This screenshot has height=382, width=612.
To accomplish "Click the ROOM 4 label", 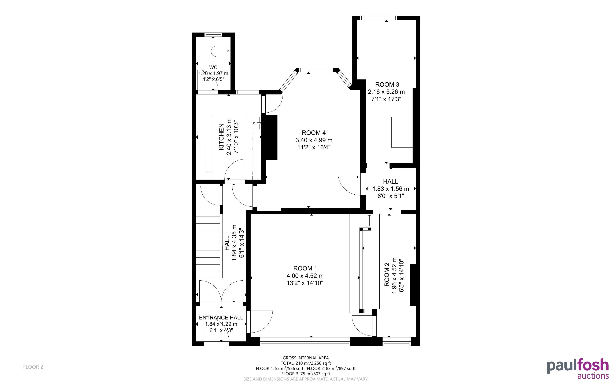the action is tap(314, 133).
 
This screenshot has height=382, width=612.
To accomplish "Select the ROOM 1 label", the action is tap(305, 268).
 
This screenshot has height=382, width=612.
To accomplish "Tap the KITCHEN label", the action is tap(221, 137).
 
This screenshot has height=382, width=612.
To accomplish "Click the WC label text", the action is tap(213, 67).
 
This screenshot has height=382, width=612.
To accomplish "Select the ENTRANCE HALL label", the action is tap(221, 318).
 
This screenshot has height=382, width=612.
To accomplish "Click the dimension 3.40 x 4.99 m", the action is tap(314, 140).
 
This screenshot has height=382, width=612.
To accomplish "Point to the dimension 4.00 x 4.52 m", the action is tap(305, 276).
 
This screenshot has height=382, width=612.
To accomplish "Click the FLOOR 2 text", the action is tap(33, 367).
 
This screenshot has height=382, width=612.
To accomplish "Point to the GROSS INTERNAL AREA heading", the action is tap(306, 358).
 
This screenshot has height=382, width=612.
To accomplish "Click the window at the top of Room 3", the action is tap(378, 18).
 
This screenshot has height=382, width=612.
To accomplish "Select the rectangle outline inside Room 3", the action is tap(402, 132).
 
